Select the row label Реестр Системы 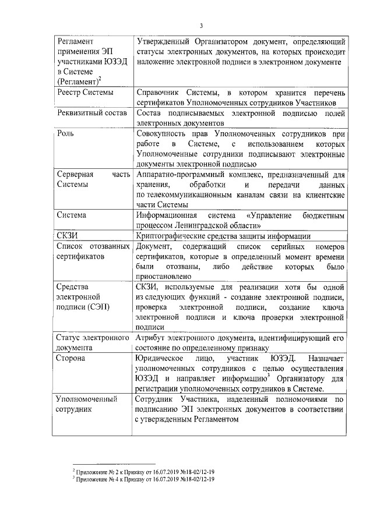point(85,92)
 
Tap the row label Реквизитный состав point(92,113)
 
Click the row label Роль point(65,133)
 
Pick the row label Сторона point(71,358)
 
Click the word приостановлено point(164,276)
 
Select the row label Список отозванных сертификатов point(92,250)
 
